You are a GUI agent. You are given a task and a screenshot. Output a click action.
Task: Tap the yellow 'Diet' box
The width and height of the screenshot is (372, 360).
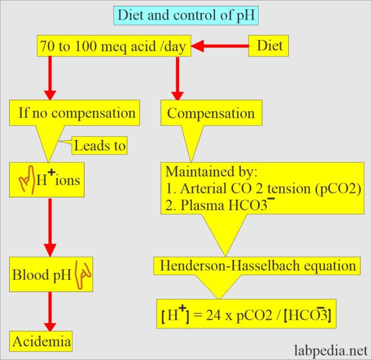click(x=269, y=47)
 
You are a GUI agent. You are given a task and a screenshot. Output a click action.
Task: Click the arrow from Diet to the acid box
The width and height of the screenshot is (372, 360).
click(x=221, y=47)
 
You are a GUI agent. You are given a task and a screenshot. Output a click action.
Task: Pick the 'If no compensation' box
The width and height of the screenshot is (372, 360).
click(x=77, y=113)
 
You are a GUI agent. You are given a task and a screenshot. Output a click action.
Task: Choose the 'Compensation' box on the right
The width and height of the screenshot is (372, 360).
click(x=211, y=113)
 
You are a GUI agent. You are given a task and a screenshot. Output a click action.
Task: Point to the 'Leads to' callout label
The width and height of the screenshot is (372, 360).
click(x=100, y=145)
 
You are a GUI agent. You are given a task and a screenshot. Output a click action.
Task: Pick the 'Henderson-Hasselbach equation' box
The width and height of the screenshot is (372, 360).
click(x=258, y=266)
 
